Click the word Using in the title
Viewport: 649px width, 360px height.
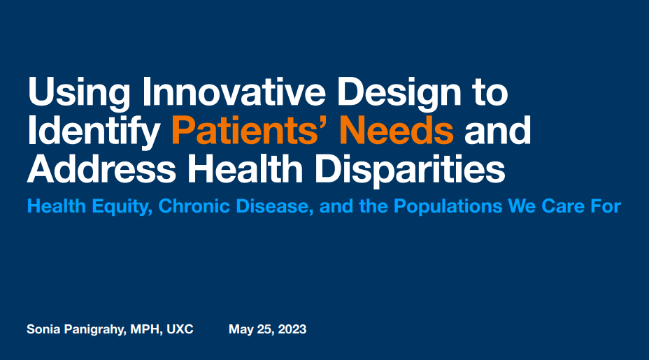[78, 94]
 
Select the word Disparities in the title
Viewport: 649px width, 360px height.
[410, 171]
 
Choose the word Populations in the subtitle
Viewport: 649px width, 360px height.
[448, 207]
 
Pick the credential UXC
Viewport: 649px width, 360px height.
[180, 329]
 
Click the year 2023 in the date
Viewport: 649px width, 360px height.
[292, 329]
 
